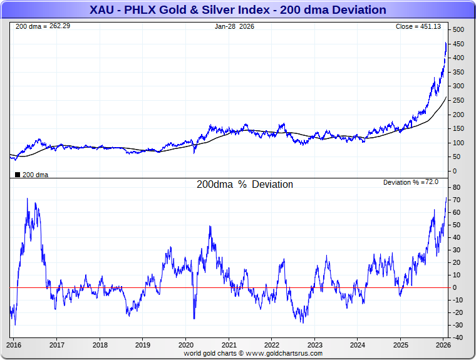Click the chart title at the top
coord(237,10)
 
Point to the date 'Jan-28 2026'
coord(234,27)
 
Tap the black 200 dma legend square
coord(17,175)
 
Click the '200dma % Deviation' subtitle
coord(244,185)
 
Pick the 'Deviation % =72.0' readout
coord(410,182)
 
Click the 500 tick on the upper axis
coord(458,30)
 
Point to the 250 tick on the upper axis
coord(458,101)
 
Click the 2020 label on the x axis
coord(186,345)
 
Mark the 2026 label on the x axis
coord(443,345)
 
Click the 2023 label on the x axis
coord(315,345)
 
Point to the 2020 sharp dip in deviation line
coord(194,319)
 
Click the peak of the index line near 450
coord(446,43)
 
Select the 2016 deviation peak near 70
coord(27,198)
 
